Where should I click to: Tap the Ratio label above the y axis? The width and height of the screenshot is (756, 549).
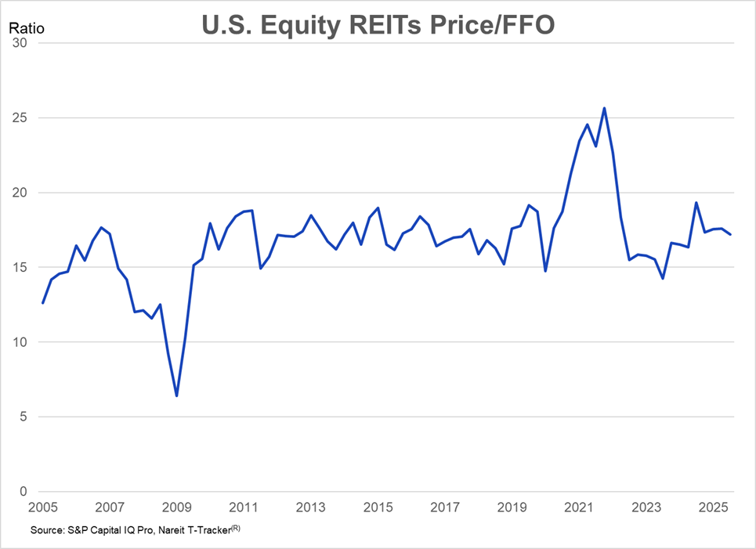point(27,28)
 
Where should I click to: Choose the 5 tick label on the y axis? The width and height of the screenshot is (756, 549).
point(24,417)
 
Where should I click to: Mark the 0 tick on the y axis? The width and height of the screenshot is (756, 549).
point(24,492)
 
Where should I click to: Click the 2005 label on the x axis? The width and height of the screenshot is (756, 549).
point(42,507)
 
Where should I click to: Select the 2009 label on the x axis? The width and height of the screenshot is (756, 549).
point(176,507)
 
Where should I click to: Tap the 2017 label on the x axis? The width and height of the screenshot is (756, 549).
point(444,507)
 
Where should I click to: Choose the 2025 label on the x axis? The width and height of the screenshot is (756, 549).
point(712,507)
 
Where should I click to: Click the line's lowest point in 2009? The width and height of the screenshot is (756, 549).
point(177,395)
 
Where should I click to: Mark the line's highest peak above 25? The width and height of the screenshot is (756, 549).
point(604,108)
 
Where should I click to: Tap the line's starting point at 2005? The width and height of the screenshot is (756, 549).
point(43,303)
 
